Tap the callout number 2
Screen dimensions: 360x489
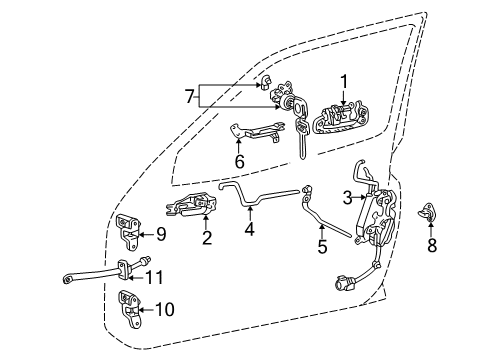[x=207, y=238]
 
